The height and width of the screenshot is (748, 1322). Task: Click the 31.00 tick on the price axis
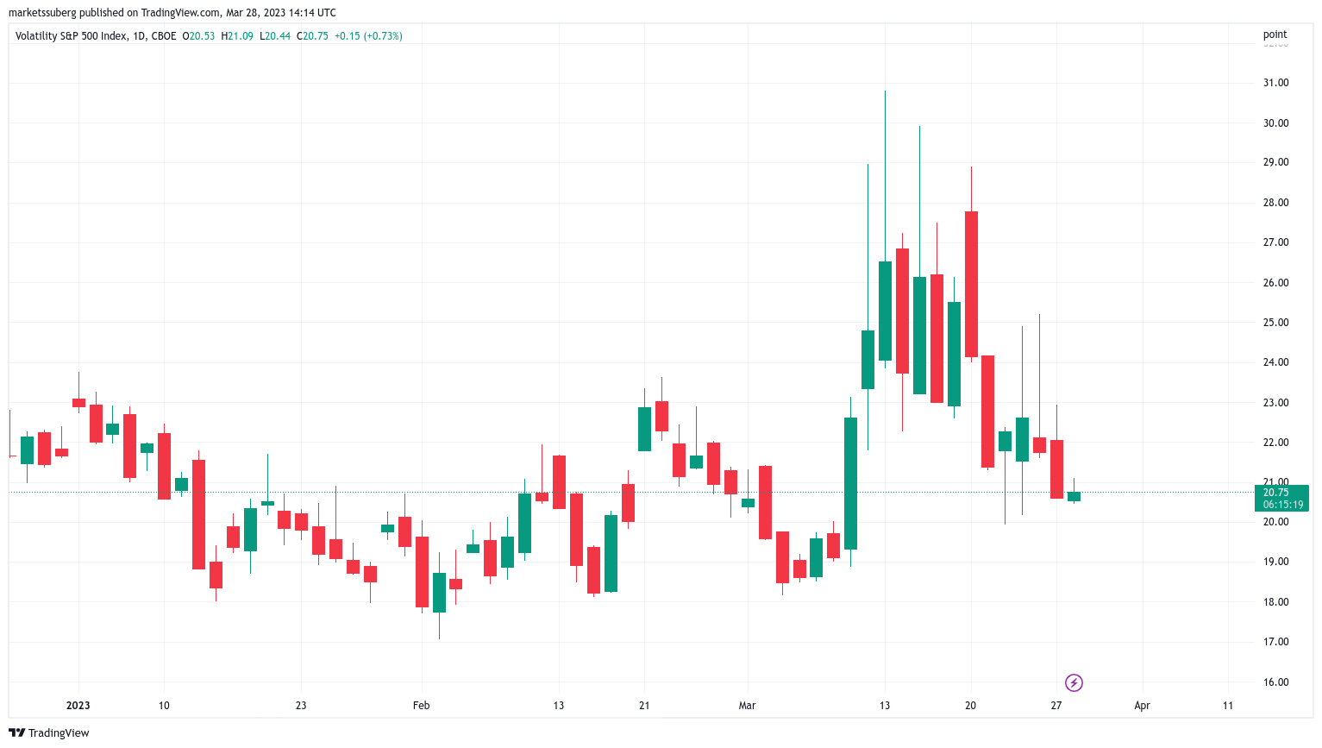click(x=1275, y=83)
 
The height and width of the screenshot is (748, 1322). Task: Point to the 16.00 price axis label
click(x=1275, y=682)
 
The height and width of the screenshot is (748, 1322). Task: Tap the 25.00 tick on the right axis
click(x=1275, y=323)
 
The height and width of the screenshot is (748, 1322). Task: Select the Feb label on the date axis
click(x=421, y=706)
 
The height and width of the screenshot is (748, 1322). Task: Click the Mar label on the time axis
click(x=747, y=706)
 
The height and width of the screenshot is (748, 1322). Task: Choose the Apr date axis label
click(x=1142, y=706)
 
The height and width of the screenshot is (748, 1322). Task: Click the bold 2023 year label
click(x=78, y=706)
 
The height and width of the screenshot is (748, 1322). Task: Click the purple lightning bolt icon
click(x=1074, y=683)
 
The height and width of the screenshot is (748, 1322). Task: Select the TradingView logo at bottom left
click(x=49, y=733)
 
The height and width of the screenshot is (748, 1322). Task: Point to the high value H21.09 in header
click(x=237, y=36)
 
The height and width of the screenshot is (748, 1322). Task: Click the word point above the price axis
click(x=1275, y=35)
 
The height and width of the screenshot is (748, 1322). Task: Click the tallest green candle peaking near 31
click(x=885, y=311)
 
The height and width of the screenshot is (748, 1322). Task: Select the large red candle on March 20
click(x=971, y=284)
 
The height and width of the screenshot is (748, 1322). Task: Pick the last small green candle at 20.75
click(x=1074, y=496)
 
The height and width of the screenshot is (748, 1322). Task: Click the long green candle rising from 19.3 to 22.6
click(x=850, y=483)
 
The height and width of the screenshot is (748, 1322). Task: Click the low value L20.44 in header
click(x=277, y=36)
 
